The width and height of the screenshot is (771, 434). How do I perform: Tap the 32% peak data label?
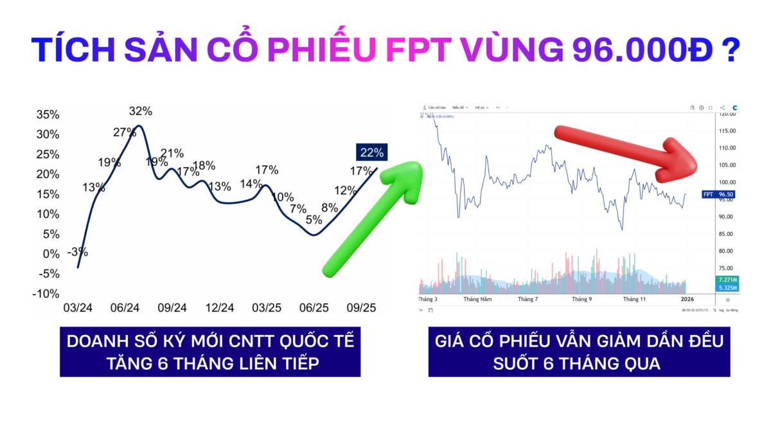click(x=141, y=111)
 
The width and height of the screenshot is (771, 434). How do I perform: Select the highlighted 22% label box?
click(x=372, y=152)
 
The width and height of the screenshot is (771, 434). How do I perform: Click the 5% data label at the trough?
click(x=314, y=220)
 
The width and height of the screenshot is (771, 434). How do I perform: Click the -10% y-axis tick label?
click(x=46, y=294)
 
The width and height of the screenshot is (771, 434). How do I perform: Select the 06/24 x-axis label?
click(x=125, y=308)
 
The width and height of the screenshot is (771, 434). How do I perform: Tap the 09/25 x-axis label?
click(x=360, y=308)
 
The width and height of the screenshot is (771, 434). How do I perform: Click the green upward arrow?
click(x=373, y=219)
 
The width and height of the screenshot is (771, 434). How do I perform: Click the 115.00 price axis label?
click(x=728, y=131)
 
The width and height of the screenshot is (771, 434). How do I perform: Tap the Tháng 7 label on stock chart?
click(x=527, y=300)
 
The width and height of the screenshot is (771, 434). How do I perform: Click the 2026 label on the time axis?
click(x=687, y=300)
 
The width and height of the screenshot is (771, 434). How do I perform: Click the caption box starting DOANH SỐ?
click(x=210, y=352)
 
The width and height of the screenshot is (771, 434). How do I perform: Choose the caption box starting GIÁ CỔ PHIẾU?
click(x=579, y=352)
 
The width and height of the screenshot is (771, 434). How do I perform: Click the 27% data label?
click(x=125, y=132)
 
